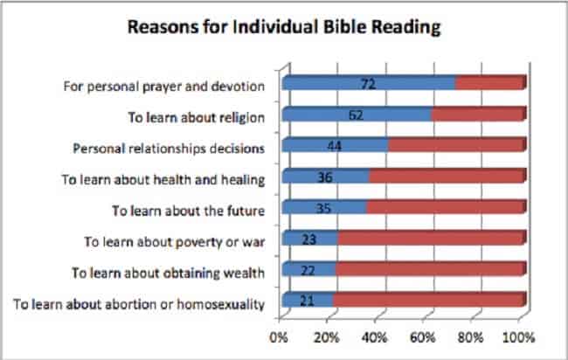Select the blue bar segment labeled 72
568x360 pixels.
click(369, 84)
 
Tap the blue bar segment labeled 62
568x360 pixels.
click(357, 115)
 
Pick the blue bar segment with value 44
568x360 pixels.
click(335, 146)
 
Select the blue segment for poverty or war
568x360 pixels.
click(309, 239)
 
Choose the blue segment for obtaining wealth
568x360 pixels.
click(308, 271)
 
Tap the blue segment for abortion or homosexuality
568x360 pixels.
click(308, 302)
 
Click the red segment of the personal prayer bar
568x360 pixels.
click(488, 84)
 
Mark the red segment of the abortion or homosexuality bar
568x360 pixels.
click(427, 302)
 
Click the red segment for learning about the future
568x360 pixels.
click(444, 209)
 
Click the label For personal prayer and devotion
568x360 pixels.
click(165, 87)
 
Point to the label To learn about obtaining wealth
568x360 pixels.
click(169, 273)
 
